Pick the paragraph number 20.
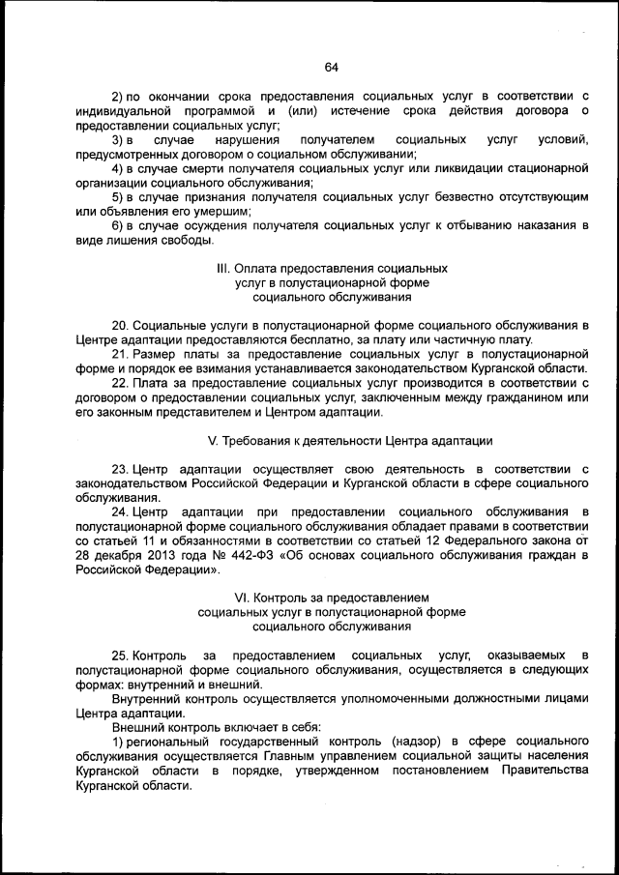pyautogui.click(x=120, y=326)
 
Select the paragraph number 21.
pyautogui.click(x=120, y=355)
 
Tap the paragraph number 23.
pyautogui.click(x=120, y=469)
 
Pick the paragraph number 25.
pyautogui.click(x=120, y=656)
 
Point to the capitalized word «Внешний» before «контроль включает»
pyautogui.click(x=136, y=727)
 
